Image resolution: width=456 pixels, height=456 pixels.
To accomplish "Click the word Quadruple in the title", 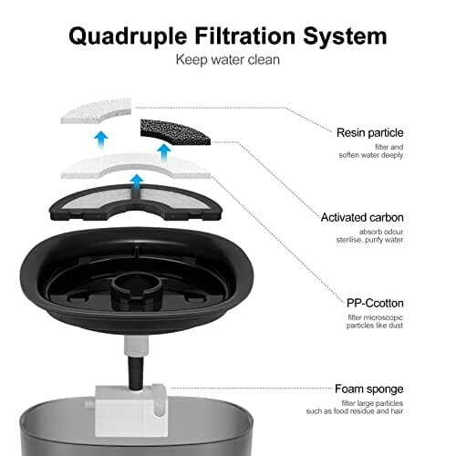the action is pos(128,36).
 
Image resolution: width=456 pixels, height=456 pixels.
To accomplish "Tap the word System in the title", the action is pos(345,36).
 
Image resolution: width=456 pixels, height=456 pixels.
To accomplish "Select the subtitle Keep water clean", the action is pos(228,59).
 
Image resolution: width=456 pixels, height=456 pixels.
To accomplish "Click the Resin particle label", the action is pos(370,132).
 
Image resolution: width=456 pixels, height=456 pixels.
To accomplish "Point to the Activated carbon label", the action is pos(362,218).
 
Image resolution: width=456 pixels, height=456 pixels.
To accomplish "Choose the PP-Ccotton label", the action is pos(375,303).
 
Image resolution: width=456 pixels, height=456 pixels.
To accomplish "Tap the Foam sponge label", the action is pos(369,389).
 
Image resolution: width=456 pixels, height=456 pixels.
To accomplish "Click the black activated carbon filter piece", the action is pos(175,132).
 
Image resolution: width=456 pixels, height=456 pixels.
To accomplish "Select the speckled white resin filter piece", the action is pos(96,110).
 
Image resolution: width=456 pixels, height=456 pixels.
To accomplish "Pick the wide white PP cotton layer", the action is pos(136,166).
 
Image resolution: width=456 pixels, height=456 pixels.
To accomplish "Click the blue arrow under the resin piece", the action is pos(101,139).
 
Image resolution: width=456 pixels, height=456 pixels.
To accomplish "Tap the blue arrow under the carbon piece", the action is pos(164,152).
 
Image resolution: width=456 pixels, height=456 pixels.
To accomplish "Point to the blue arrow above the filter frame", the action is pos(138,182).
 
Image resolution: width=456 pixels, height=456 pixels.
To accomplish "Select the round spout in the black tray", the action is pos(135,290).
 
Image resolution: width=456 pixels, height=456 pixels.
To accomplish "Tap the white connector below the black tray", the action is pos(136,347).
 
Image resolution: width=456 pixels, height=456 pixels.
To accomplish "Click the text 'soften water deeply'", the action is pos(371,155).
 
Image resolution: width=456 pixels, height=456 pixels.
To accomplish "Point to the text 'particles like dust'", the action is pos(375,326).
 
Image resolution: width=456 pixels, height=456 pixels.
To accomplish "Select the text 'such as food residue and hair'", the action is pos(355,411).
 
